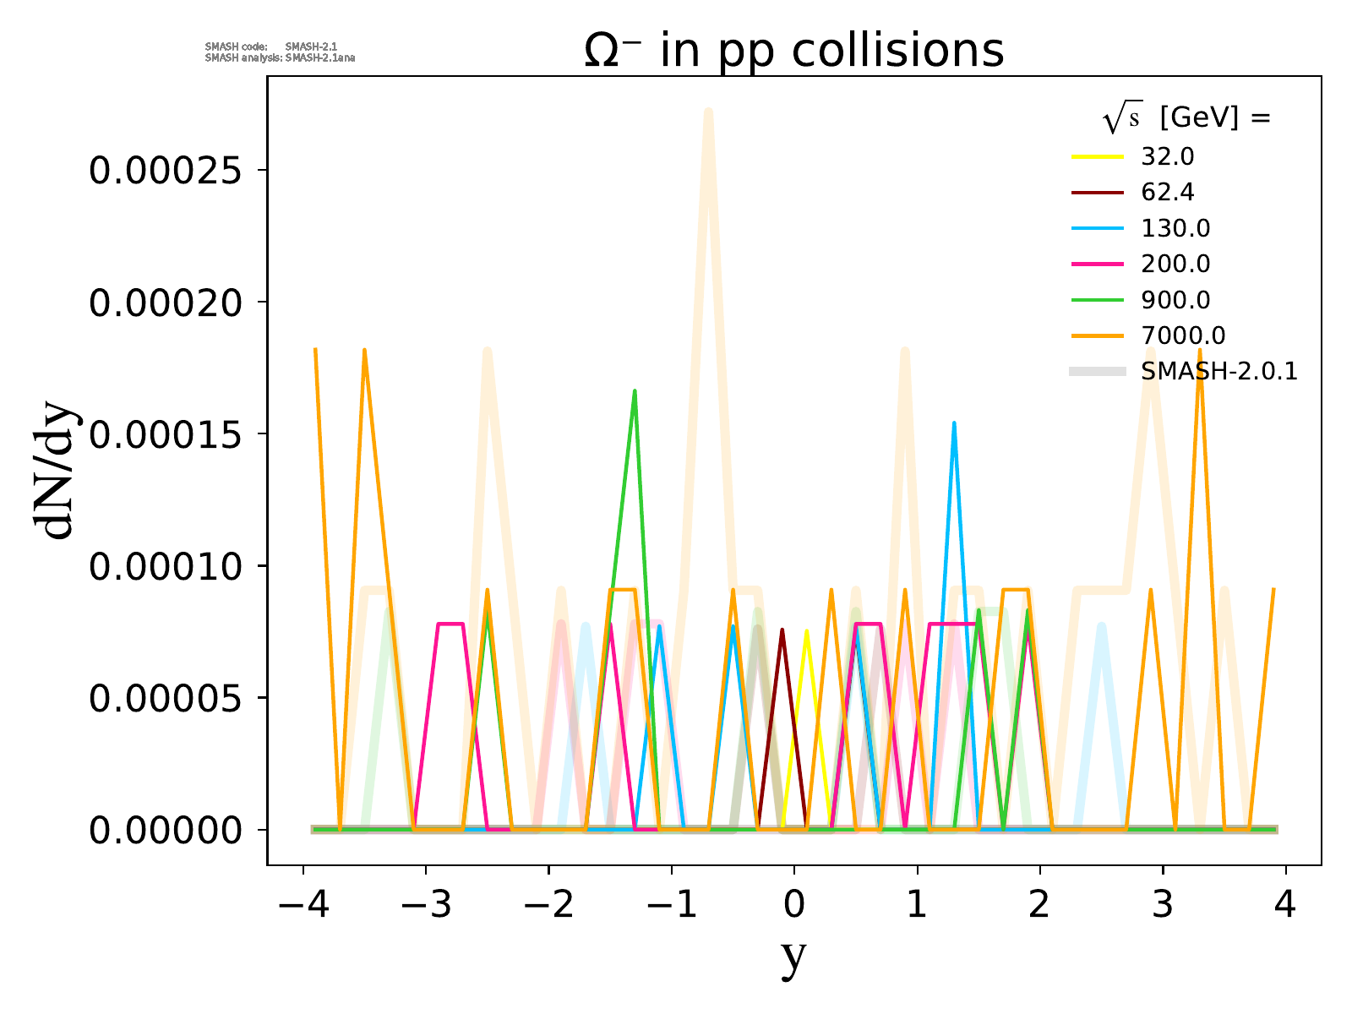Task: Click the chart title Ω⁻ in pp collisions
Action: click(793, 51)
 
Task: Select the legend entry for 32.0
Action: click(1167, 157)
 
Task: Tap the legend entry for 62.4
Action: click(1167, 193)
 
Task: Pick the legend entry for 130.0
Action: click(1175, 228)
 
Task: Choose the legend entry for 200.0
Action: click(1175, 264)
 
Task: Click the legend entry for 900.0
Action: click(1175, 300)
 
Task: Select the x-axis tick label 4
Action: click(1285, 905)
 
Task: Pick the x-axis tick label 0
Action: click(793, 905)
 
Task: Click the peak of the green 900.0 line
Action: click(634, 390)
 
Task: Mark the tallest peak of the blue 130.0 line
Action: click(954, 422)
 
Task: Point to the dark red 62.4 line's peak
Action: click(782, 630)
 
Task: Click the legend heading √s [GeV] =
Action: click(1186, 118)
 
